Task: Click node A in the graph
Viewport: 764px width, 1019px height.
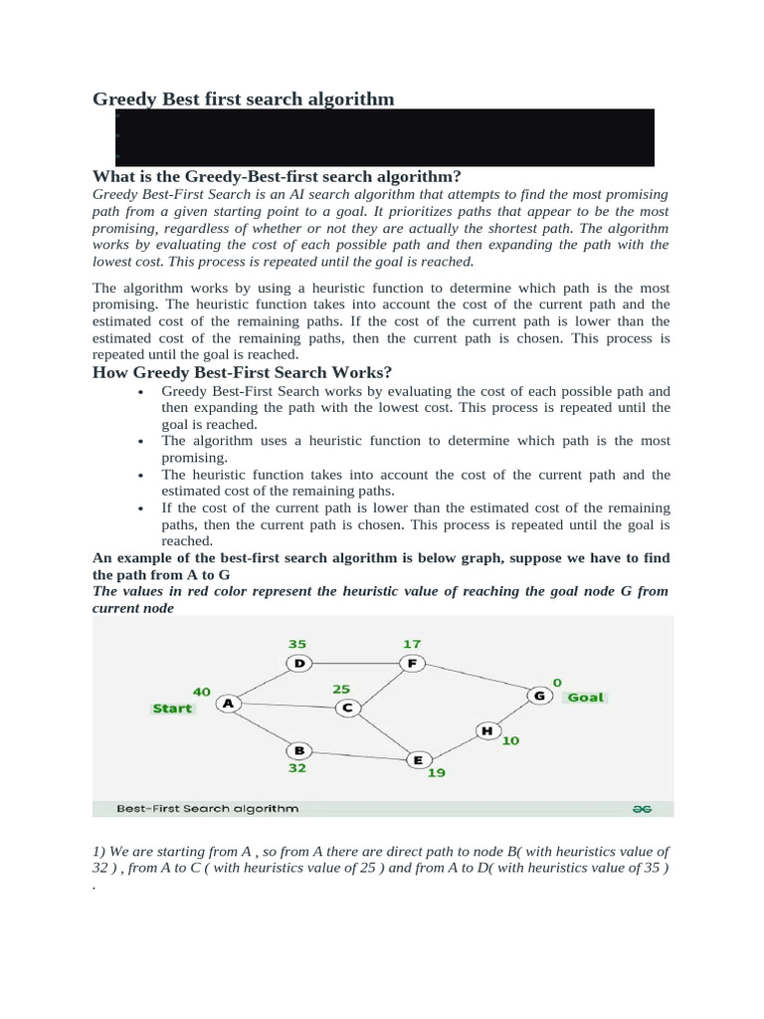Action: pyautogui.click(x=229, y=703)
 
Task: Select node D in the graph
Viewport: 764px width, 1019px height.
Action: pyautogui.click(x=298, y=663)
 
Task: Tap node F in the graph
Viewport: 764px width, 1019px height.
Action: pyautogui.click(x=412, y=663)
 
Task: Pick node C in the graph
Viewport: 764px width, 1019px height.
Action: pyautogui.click(x=348, y=708)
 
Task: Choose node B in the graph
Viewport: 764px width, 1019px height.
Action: pyautogui.click(x=297, y=749)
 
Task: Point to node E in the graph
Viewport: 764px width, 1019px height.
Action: pyautogui.click(x=418, y=759)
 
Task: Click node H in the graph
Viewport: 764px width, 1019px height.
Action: pyautogui.click(x=486, y=730)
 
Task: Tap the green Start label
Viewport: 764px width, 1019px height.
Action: pyautogui.click(x=172, y=709)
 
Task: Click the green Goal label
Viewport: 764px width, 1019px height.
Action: pyautogui.click(x=585, y=698)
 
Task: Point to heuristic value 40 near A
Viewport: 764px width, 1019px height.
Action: pyautogui.click(x=202, y=690)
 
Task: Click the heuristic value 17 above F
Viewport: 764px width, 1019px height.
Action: pyautogui.click(x=412, y=643)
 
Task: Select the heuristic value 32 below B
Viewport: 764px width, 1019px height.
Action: pyautogui.click(x=297, y=768)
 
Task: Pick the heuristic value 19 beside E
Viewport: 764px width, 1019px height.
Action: pyautogui.click(x=437, y=772)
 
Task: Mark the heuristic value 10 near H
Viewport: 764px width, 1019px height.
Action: pyautogui.click(x=510, y=740)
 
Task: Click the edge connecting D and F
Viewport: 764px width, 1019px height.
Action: pyautogui.click(x=355, y=663)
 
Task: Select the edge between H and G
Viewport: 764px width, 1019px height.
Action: pyautogui.click(x=513, y=713)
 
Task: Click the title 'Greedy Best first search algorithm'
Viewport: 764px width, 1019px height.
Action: pyautogui.click(x=244, y=99)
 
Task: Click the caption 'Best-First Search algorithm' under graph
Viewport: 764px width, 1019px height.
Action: pyautogui.click(x=207, y=809)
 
